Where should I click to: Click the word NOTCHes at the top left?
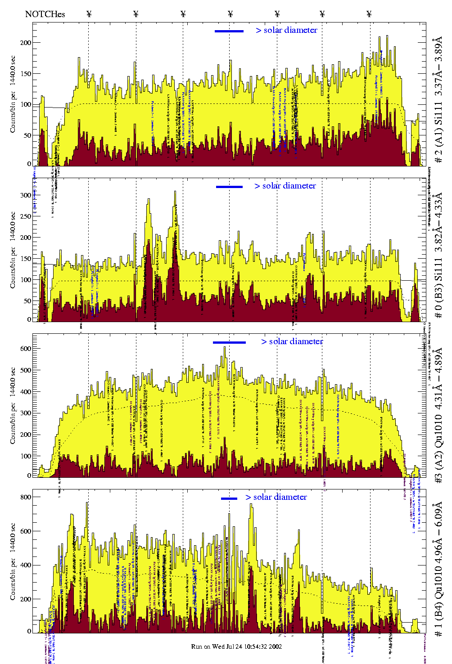(45, 14)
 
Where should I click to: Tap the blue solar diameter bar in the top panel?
(229, 31)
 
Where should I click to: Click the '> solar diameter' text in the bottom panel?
(276, 497)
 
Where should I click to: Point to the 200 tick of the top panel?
(26, 43)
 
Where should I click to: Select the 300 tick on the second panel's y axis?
(26, 195)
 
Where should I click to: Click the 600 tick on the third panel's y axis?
(26, 349)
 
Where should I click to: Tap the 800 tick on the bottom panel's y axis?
(26, 497)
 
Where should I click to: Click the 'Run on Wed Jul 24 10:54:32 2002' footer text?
(236, 646)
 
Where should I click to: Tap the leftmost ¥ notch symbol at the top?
(89, 14)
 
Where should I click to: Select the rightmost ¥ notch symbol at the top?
(369, 14)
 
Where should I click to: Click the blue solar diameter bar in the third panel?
(229, 342)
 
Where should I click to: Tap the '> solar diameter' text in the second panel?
(285, 186)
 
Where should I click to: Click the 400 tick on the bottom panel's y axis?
(26, 565)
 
